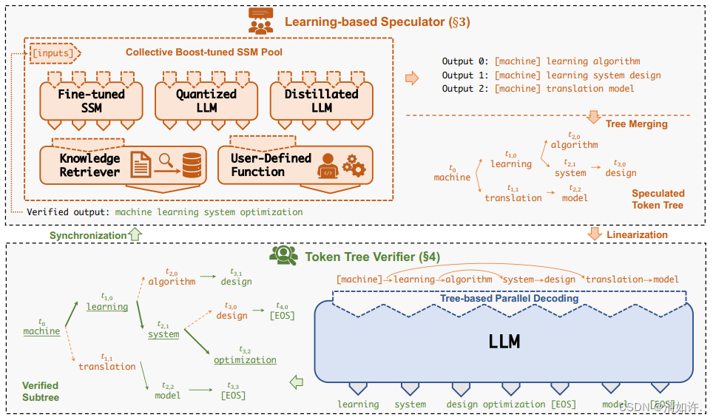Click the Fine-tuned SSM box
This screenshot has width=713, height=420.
[x=92, y=101]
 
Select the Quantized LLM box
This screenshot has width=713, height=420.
[x=206, y=101]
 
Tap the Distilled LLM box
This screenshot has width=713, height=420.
[x=321, y=101]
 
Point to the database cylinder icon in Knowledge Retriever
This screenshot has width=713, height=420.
[x=192, y=164]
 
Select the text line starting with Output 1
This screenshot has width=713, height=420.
[x=551, y=75]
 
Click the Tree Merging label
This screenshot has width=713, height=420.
[x=636, y=123]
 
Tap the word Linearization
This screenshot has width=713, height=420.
[x=637, y=234]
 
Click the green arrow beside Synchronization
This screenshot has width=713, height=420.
[x=135, y=234]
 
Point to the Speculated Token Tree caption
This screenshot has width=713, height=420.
[x=658, y=199]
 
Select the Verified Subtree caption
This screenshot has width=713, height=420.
[x=40, y=391]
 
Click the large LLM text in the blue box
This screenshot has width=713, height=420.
[x=504, y=341]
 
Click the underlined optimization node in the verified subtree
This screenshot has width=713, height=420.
[x=245, y=360]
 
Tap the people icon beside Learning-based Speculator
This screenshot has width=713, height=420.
[x=260, y=22]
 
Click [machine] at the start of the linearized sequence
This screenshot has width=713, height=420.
[x=359, y=280]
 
